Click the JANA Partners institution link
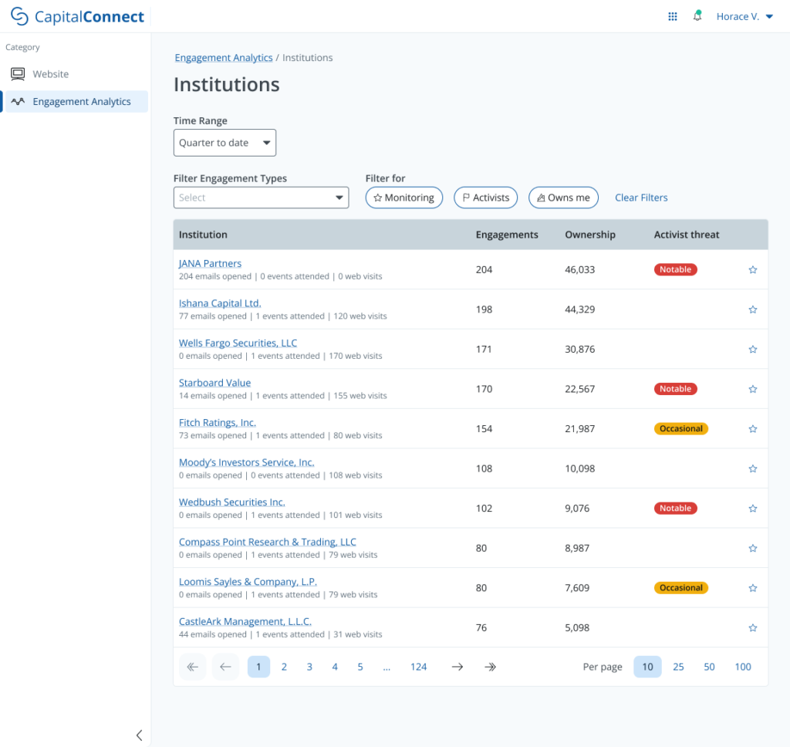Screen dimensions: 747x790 [x=210, y=264]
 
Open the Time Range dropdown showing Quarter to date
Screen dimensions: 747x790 [x=225, y=143]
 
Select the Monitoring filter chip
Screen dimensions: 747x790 [x=404, y=198]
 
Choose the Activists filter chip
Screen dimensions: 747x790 [x=485, y=198]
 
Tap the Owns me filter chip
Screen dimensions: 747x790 [x=563, y=198]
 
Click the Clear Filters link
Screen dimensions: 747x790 [x=641, y=198]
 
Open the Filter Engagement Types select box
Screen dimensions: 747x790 [x=261, y=198]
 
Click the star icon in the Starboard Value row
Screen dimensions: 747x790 [x=753, y=389]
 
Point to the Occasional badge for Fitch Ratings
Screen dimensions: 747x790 [x=680, y=429]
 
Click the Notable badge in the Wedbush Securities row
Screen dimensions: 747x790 [x=675, y=509]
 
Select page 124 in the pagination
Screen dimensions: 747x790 [x=419, y=667]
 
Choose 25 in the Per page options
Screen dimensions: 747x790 [x=678, y=667]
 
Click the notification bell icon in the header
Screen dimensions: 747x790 [x=697, y=16]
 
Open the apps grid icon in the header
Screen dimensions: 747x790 [x=673, y=16]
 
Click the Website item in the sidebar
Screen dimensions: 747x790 [x=50, y=74]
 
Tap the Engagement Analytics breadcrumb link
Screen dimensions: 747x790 [x=224, y=58]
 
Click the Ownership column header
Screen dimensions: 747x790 [x=590, y=235]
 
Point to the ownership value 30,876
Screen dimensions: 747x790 [x=579, y=350]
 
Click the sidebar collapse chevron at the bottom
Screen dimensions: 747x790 [x=139, y=735]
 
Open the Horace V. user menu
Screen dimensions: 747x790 [x=744, y=16]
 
